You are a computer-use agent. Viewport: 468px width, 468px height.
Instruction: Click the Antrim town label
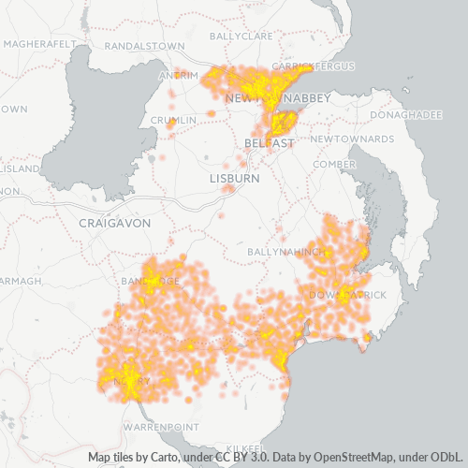[180, 75]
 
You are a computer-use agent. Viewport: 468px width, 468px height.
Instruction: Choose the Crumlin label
[173, 120]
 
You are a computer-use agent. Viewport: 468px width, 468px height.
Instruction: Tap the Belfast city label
[270, 141]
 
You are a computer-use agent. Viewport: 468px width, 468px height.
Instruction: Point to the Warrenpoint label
[159, 427]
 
